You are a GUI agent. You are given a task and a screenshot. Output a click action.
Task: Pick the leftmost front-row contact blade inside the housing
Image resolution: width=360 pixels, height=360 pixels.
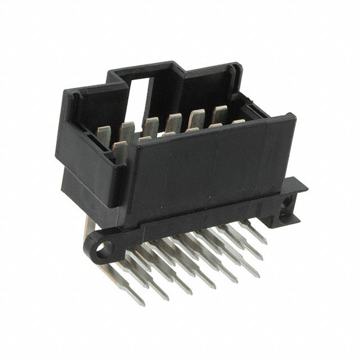click(119, 151)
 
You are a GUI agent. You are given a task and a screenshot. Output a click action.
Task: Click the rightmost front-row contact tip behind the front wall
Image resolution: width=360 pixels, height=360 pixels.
click(238, 121)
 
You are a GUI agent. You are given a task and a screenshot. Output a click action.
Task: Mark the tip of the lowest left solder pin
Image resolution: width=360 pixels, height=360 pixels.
click(140, 303)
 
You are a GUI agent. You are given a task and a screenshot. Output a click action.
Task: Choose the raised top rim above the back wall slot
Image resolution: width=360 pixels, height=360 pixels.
click(146, 70)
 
